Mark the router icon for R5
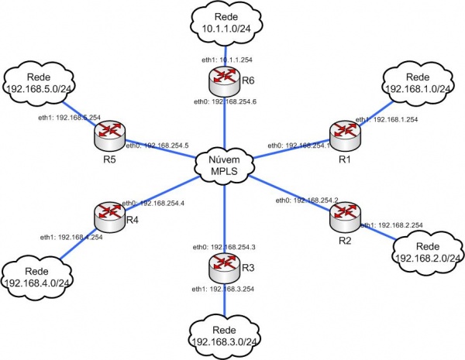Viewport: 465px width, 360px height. tap(108, 135)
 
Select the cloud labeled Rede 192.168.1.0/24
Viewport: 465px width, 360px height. tap(417, 83)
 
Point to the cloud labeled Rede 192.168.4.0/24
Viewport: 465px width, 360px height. tap(38, 276)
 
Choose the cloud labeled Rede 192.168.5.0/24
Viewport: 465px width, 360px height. tap(38, 83)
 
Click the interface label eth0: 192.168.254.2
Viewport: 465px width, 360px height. tap(307, 201)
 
